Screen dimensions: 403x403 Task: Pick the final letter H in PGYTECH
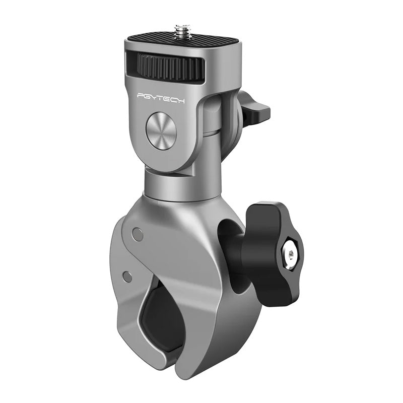[181, 101]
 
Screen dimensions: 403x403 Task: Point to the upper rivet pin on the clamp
[137, 233]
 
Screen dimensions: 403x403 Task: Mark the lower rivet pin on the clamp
[128, 277]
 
